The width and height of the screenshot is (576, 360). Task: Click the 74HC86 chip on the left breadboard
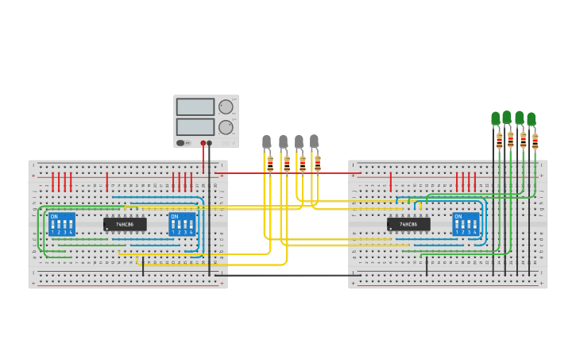point(125,225)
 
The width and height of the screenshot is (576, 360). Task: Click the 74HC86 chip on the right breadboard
point(408,225)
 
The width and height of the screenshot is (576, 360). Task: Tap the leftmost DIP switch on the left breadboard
point(61,224)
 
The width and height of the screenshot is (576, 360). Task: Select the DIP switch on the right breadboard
point(466,224)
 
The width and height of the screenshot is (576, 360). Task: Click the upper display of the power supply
point(195,107)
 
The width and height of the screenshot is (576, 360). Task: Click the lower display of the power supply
point(195,127)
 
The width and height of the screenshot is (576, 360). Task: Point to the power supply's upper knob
point(226,107)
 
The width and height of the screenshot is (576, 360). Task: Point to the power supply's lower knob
point(226,127)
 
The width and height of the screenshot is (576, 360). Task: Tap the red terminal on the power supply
point(203,143)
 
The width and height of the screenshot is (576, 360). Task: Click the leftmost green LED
point(496,119)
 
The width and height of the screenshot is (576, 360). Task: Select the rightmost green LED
point(532,120)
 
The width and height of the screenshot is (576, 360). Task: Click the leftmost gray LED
point(267,142)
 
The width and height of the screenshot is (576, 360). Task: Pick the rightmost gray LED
point(314,141)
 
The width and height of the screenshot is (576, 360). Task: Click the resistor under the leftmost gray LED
point(270,165)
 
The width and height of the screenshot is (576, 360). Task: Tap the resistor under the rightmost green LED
point(535,142)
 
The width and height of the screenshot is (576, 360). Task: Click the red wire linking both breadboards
point(286,172)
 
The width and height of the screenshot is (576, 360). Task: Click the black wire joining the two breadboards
point(286,276)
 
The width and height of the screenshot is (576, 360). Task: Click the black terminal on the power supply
point(210,143)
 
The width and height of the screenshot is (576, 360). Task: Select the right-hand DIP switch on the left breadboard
point(182,224)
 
